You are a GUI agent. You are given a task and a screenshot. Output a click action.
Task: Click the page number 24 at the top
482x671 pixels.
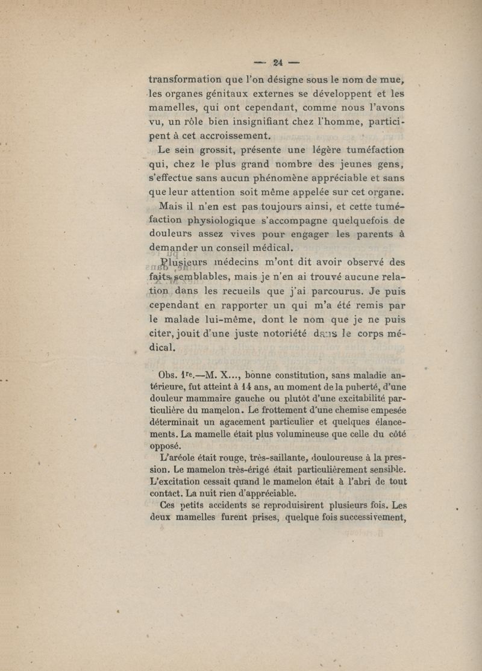coord(278,61)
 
